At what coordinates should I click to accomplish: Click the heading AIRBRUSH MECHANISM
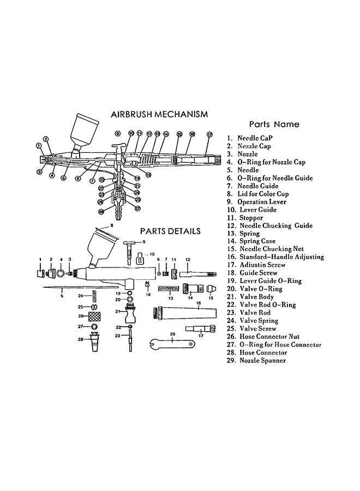pos(159,115)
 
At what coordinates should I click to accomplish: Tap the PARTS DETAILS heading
pos(170,231)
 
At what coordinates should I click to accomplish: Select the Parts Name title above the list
pos(274,124)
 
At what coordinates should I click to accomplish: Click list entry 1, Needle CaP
pos(253,139)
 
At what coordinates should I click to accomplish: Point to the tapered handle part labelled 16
pos(184,313)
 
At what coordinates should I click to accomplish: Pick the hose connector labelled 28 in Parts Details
pos(94,343)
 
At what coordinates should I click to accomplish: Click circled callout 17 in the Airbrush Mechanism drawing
pos(209,134)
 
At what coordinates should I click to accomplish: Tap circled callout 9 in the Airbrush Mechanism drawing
pos(117,133)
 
